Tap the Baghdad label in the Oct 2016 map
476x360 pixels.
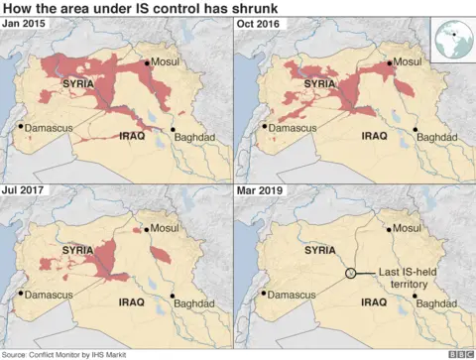pyautogui.click(x=434, y=136)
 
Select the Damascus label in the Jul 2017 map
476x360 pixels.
pyautogui.click(x=49, y=295)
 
